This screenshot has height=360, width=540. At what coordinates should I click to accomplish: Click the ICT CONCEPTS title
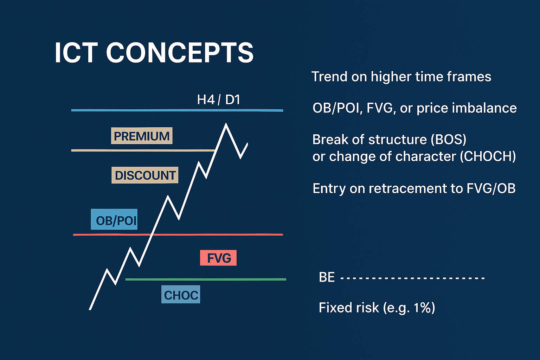[x=154, y=53]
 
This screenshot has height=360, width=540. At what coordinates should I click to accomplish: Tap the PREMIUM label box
[x=142, y=136]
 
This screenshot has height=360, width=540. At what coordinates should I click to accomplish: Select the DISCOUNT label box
[x=145, y=175]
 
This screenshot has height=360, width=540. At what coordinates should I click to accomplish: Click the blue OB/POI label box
[x=114, y=219]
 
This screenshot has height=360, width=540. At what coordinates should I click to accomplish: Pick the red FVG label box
[x=218, y=258]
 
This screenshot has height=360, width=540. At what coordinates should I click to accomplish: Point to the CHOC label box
[x=181, y=294]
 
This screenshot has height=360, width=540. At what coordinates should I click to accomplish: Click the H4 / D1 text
[x=219, y=99]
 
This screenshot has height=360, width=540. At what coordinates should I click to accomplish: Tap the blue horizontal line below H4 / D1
[x=177, y=110]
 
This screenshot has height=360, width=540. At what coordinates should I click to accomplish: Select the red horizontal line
[x=178, y=234]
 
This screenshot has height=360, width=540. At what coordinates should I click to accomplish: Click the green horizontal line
[x=206, y=279]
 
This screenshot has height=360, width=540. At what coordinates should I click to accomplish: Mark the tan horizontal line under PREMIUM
[x=143, y=150]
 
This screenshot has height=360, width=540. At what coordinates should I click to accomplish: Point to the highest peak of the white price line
[x=226, y=124]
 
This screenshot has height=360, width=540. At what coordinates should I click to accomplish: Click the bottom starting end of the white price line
[x=90, y=309]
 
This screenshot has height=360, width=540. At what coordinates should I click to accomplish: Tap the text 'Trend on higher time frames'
[x=401, y=77]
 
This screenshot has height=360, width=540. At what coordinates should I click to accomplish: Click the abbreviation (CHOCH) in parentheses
[x=488, y=156]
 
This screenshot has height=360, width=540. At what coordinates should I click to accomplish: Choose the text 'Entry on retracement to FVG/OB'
[x=414, y=188]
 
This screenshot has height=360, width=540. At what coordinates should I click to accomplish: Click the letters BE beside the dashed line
[x=327, y=277]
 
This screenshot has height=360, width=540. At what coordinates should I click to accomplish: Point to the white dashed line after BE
[x=412, y=278]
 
